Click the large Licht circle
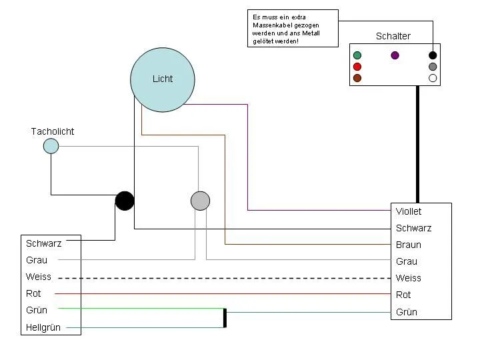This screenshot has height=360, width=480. coord(162,79)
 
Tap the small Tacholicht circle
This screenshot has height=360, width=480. coord(51,146)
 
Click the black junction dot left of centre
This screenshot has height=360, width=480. coord(125,201)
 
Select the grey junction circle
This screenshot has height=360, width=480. coord(200,201)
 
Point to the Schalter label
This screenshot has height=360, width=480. coord(393,36)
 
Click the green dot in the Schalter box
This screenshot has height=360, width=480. coord(357,55)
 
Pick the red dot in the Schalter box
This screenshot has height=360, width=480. coord(357,67)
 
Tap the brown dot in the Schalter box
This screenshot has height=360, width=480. coord(357,78)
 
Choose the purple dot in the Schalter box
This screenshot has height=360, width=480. coord(395,55)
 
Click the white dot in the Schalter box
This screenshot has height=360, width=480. coord(433,78)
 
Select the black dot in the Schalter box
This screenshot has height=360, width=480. coord(433,55)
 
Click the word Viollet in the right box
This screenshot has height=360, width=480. coord(409,211)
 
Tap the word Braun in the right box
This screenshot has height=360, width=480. coord(409,245)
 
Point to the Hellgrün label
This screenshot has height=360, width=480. coord(43,327)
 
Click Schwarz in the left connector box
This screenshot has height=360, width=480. coord(43,243)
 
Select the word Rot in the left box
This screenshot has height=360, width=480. coord(33,293)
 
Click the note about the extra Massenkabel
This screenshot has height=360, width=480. coord(292,29)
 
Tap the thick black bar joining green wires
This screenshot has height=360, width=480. coord(225,318)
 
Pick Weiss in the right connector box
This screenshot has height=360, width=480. coord(409,278)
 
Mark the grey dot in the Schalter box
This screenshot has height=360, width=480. coord(433,67)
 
